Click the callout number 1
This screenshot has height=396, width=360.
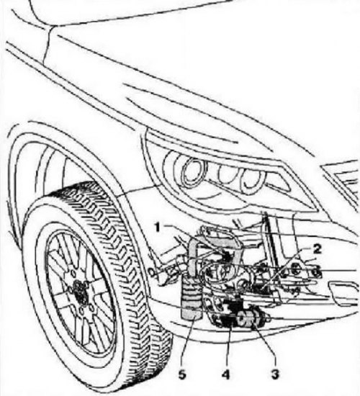click(158, 228)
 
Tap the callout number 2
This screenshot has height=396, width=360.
click(317, 249)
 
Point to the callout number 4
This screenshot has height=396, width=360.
click(225, 374)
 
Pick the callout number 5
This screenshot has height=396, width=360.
click(182, 374)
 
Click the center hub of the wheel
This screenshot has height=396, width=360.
click(80, 290)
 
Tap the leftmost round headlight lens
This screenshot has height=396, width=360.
click(194, 172)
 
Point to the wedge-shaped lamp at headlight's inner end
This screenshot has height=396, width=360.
click(281, 181)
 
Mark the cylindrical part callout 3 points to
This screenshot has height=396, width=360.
click(253, 319)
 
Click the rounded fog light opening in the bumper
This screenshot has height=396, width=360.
click(343, 293)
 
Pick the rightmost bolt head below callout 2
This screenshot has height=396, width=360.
click(318, 271)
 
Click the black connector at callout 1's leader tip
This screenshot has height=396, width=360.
click(228, 257)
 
